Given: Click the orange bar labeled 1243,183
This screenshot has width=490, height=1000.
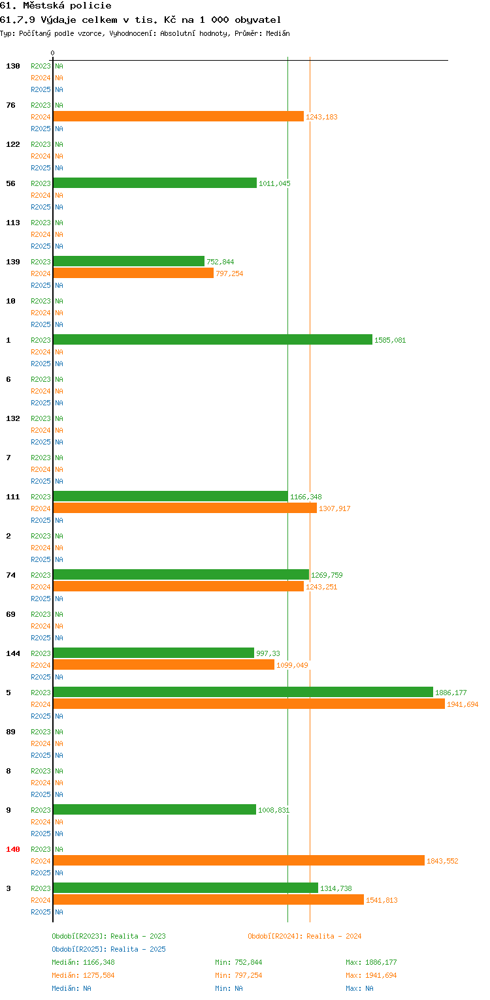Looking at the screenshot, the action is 178,117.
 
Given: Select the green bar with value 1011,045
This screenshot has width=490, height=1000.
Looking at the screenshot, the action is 155,183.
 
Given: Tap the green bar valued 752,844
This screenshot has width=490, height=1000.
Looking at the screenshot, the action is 129,261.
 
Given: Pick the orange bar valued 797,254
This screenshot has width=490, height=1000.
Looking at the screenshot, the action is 133,273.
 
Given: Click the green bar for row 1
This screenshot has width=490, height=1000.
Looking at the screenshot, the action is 212,339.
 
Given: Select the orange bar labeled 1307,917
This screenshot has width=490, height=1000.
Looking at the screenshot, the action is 185,508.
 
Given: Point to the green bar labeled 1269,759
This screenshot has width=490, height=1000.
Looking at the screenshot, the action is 181,574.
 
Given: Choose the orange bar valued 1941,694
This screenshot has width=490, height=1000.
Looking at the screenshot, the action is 249,704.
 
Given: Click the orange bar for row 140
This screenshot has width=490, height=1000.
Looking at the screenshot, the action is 239,861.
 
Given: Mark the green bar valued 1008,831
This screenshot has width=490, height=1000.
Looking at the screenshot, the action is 155,810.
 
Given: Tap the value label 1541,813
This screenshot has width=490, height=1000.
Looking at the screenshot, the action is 382,900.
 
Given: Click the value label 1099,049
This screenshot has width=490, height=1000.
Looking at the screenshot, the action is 292,665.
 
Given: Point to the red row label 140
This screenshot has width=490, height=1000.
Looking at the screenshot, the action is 13,849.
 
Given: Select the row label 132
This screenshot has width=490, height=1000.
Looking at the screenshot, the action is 13,418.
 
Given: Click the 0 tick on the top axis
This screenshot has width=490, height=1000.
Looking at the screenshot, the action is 53,53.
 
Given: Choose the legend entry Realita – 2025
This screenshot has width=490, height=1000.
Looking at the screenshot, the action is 138,949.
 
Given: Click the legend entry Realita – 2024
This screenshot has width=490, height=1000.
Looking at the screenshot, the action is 334,936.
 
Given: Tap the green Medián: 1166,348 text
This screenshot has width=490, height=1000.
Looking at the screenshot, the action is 83,962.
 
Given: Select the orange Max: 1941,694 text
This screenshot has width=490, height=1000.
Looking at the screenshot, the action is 371,975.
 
